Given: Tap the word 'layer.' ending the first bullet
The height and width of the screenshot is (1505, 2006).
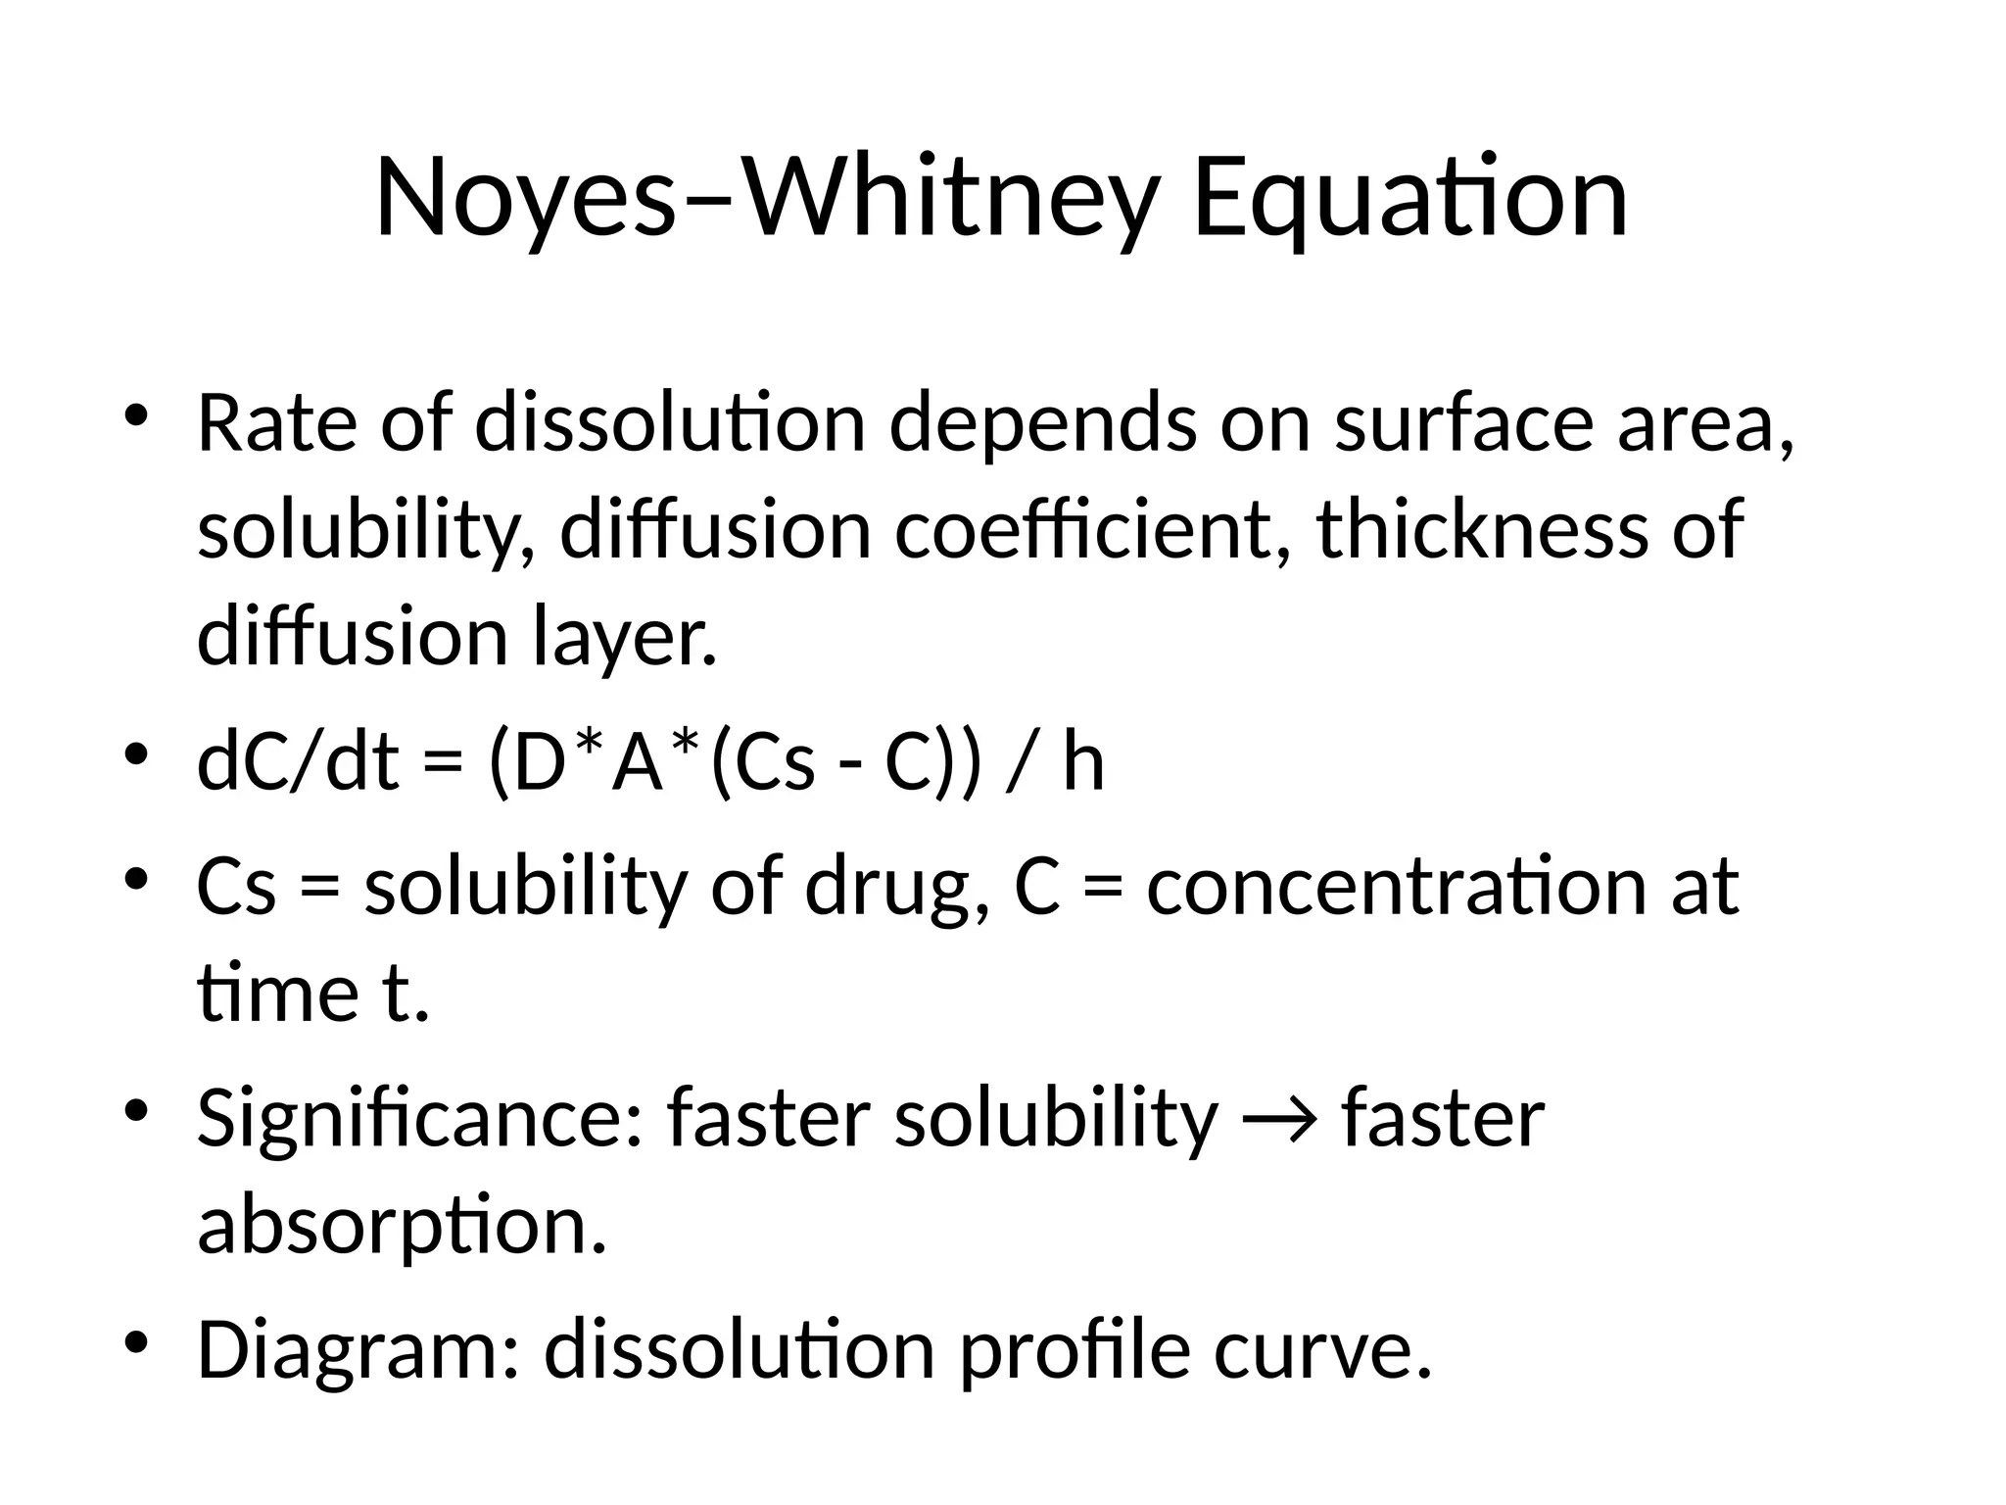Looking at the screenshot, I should click(x=626, y=638).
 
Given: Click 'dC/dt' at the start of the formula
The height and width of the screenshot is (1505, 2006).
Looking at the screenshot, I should click(x=299, y=763).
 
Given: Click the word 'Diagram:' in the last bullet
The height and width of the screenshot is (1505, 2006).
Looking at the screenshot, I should click(x=358, y=1351).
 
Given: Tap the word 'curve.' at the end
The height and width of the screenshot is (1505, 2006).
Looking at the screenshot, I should click(x=1322, y=1351).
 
